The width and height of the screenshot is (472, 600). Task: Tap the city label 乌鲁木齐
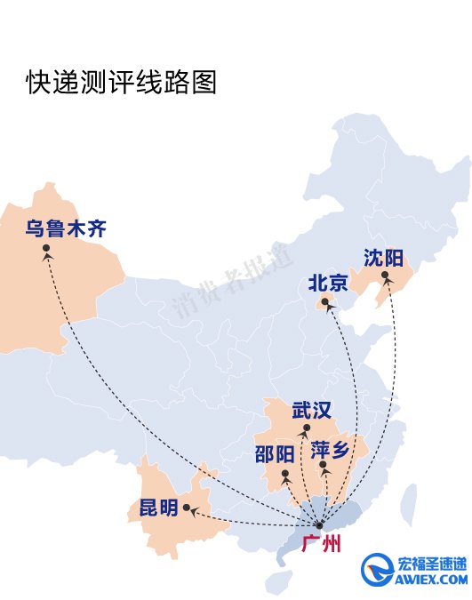coord(66,230)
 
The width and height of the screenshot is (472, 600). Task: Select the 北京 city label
coord(328,284)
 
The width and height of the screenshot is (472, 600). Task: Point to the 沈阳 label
coord(383,259)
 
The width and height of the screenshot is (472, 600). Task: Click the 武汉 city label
coord(312,411)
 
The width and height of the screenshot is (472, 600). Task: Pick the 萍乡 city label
coord(331,450)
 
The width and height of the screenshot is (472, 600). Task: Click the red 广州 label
coord(320,544)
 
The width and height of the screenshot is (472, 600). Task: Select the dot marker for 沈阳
coord(385,276)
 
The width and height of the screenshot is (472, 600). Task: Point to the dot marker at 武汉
coord(305,429)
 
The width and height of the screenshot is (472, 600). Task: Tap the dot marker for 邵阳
coord(285,474)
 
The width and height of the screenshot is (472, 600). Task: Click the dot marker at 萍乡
coord(324,466)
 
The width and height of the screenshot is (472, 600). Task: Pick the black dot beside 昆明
coord(188,509)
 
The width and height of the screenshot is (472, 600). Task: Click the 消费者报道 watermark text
coord(233,282)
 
